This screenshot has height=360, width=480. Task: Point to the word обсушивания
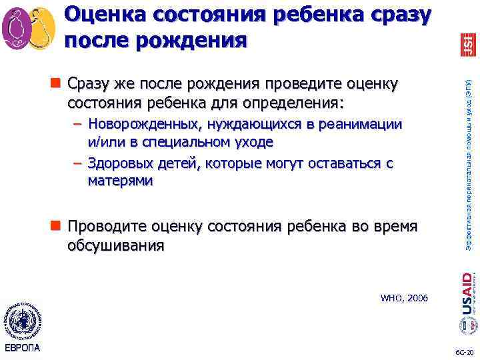click(115, 245)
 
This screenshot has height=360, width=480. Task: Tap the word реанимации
click(367, 125)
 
